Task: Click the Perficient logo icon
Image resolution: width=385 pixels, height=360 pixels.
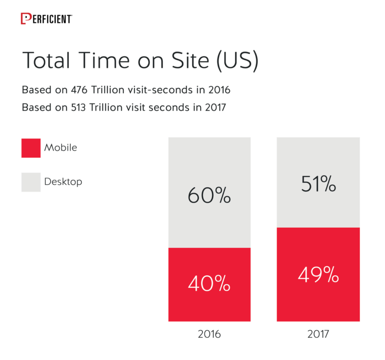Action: [26, 19]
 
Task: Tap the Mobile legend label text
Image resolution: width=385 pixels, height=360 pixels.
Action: [61, 148]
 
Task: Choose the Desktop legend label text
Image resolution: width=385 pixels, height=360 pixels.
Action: [63, 181]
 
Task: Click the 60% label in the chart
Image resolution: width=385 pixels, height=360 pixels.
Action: [209, 196]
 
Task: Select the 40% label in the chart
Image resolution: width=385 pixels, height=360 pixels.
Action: [209, 284]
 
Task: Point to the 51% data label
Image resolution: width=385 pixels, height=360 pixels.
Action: [318, 184]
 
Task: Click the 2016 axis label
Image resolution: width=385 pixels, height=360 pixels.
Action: [209, 334]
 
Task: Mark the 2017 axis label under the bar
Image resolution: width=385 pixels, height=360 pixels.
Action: [318, 334]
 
